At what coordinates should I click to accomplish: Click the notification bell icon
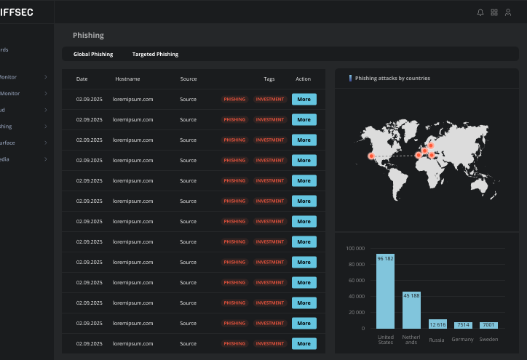[x=480, y=12]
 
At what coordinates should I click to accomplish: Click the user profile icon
[x=508, y=12]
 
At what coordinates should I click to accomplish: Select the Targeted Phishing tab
[x=155, y=55]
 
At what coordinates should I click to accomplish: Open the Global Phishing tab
[x=93, y=55]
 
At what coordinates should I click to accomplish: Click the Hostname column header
[x=127, y=79]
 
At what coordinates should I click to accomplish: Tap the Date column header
[x=82, y=79]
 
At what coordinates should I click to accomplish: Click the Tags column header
[x=269, y=79]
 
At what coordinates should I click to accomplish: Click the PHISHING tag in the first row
[x=234, y=99]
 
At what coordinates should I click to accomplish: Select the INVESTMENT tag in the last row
[x=269, y=343]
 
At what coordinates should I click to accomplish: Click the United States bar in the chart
[x=385, y=291]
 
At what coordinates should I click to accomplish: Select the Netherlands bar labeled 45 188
[x=411, y=309]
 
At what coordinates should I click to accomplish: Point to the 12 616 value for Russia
[x=437, y=325]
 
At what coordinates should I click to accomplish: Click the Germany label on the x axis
[x=462, y=340]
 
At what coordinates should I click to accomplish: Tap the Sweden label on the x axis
[x=488, y=340]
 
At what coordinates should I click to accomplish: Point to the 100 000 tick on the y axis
[x=355, y=249]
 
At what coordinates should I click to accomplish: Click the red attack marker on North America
[x=371, y=156]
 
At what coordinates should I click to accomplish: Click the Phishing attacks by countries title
[x=392, y=78]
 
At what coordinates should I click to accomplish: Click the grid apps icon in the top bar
[x=494, y=12]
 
